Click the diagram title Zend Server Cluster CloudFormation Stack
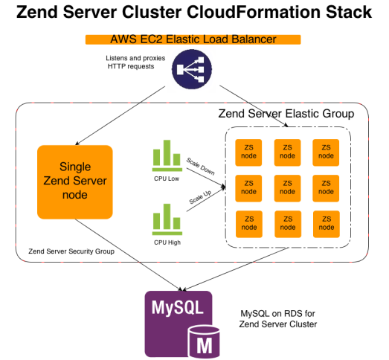coord(193,13)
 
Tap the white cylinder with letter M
coord(202,340)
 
